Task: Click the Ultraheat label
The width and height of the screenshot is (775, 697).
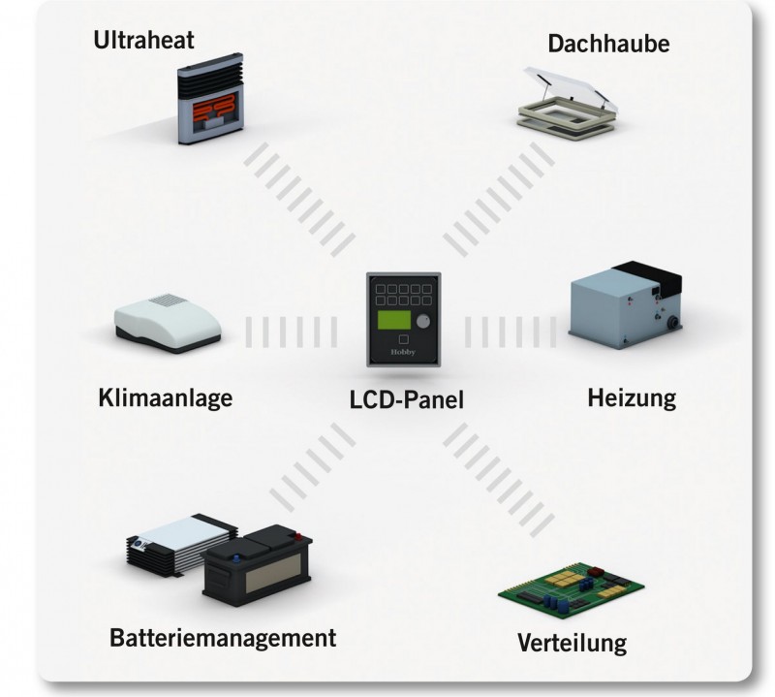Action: click(x=144, y=41)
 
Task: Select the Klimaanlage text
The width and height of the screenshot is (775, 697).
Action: click(x=166, y=398)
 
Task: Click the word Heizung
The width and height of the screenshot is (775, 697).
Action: click(x=631, y=397)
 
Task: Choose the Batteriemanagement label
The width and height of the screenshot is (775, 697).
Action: click(x=223, y=638)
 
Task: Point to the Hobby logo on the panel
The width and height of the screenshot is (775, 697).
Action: click(x=402, y=353)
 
